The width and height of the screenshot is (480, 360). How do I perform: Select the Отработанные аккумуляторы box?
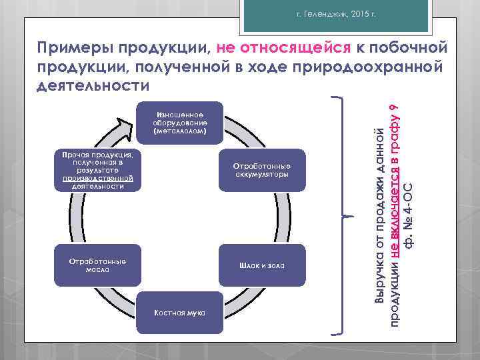point(261,170)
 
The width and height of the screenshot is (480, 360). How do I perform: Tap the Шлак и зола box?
point(261,265)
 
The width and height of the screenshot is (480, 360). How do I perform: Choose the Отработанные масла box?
point(97,265)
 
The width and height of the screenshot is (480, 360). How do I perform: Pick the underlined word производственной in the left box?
point(97,179)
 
